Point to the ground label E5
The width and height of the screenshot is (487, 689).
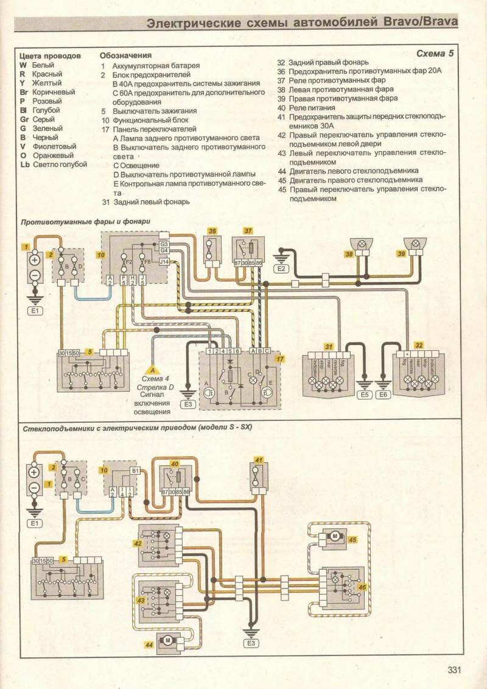coord(365,395)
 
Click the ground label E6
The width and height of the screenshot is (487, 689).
coord(384,395)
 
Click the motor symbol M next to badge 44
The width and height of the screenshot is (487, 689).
coord(166,639)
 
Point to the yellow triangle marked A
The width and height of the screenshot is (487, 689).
coord(153,369)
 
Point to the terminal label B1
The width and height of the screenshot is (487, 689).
coord(135,471)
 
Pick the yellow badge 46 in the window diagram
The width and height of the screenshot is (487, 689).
coord(363,587)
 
